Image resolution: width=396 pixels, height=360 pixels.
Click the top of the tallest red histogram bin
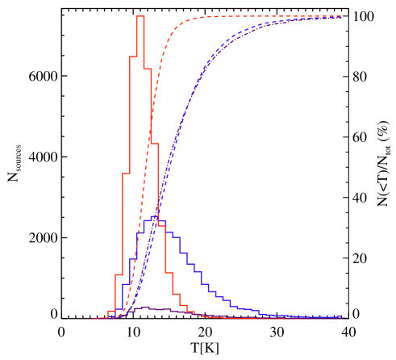140,16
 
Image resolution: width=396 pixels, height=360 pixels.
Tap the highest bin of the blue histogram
155,217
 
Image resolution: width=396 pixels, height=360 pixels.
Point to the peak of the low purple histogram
144,308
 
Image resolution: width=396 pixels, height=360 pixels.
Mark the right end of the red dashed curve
341,16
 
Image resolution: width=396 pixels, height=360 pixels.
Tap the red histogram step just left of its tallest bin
133,57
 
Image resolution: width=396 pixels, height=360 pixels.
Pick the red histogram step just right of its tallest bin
148,69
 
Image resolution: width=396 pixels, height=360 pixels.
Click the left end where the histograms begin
92,318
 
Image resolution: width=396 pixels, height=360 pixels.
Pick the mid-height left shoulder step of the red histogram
125,174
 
